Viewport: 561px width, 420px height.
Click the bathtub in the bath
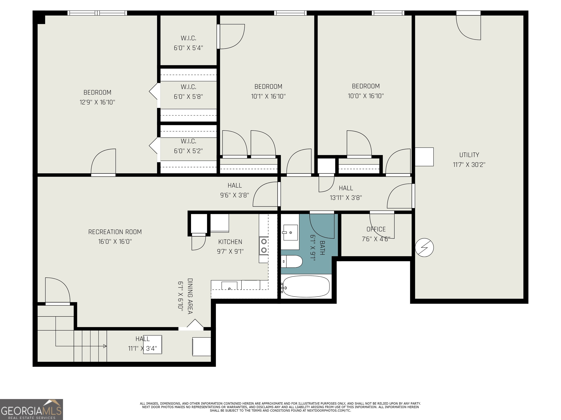(306, 286)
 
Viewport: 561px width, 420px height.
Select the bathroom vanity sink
(290, 232)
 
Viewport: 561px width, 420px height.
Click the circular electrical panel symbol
(424, 247)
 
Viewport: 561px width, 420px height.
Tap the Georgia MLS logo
(31, 409)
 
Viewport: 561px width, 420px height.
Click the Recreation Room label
(115, 232)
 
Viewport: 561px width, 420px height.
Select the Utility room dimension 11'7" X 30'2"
(469, 165)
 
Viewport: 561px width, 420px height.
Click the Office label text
(376, 229)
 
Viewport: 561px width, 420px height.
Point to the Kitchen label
(230, 242)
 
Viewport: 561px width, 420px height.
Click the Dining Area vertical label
(190, 296)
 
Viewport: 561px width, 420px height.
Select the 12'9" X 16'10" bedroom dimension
(97, 102)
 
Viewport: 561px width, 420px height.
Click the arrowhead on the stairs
(105, 346)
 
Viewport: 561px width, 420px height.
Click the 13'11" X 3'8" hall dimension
(346, 198)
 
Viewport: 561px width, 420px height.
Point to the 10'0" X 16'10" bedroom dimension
(366, 96)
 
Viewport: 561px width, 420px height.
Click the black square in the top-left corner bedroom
(41, 19)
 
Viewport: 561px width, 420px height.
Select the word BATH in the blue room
(322, 248)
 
